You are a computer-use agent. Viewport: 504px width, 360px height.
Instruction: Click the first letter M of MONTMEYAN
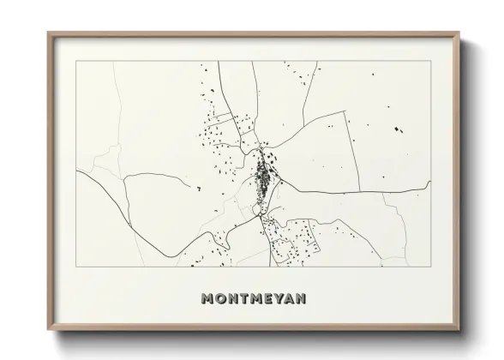(207, 299)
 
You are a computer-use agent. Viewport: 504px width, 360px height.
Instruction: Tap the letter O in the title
(221, 299)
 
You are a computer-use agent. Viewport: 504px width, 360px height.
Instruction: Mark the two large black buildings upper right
(397, 129)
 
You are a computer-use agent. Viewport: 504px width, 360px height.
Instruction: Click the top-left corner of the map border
(76, 62)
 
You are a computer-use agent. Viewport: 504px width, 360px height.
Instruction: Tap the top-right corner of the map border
(431, 62)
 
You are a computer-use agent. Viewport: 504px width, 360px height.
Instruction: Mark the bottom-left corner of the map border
(76, 267)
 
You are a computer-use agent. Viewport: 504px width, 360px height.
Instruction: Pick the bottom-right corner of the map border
(431, 267)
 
